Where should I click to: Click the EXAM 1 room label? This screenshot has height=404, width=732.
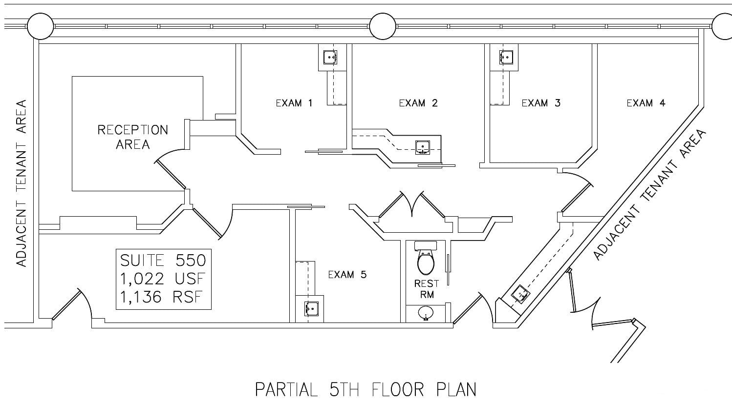(x=294, y=103)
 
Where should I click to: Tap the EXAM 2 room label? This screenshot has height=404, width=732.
(x=418, y=103)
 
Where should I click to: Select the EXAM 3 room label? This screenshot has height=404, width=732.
(x=541, y=103)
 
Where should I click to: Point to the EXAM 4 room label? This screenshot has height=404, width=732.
(x=646, y=103)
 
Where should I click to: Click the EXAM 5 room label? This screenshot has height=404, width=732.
(x=347, y=275)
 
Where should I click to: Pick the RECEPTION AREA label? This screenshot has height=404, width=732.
(x=132, y=137)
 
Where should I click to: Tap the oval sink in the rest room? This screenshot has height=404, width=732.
(x=426, y=312)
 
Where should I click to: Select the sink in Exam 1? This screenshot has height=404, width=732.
(x=331, y=58)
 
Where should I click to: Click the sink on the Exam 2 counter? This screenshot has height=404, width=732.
(x=423, y=146)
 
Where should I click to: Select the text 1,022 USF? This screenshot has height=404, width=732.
(x=163, y=279)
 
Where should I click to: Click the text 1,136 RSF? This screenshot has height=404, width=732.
(x=163, y=297)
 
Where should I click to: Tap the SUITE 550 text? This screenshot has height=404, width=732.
(x=163, y=260)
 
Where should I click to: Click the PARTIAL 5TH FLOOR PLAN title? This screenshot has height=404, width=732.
(x=366, y=389)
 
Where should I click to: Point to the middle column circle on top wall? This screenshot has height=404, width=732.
(x=382, y=26)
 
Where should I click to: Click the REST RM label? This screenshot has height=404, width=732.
(x=427, y=289)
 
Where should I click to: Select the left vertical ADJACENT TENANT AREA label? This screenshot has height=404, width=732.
(x=21, y=183)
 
